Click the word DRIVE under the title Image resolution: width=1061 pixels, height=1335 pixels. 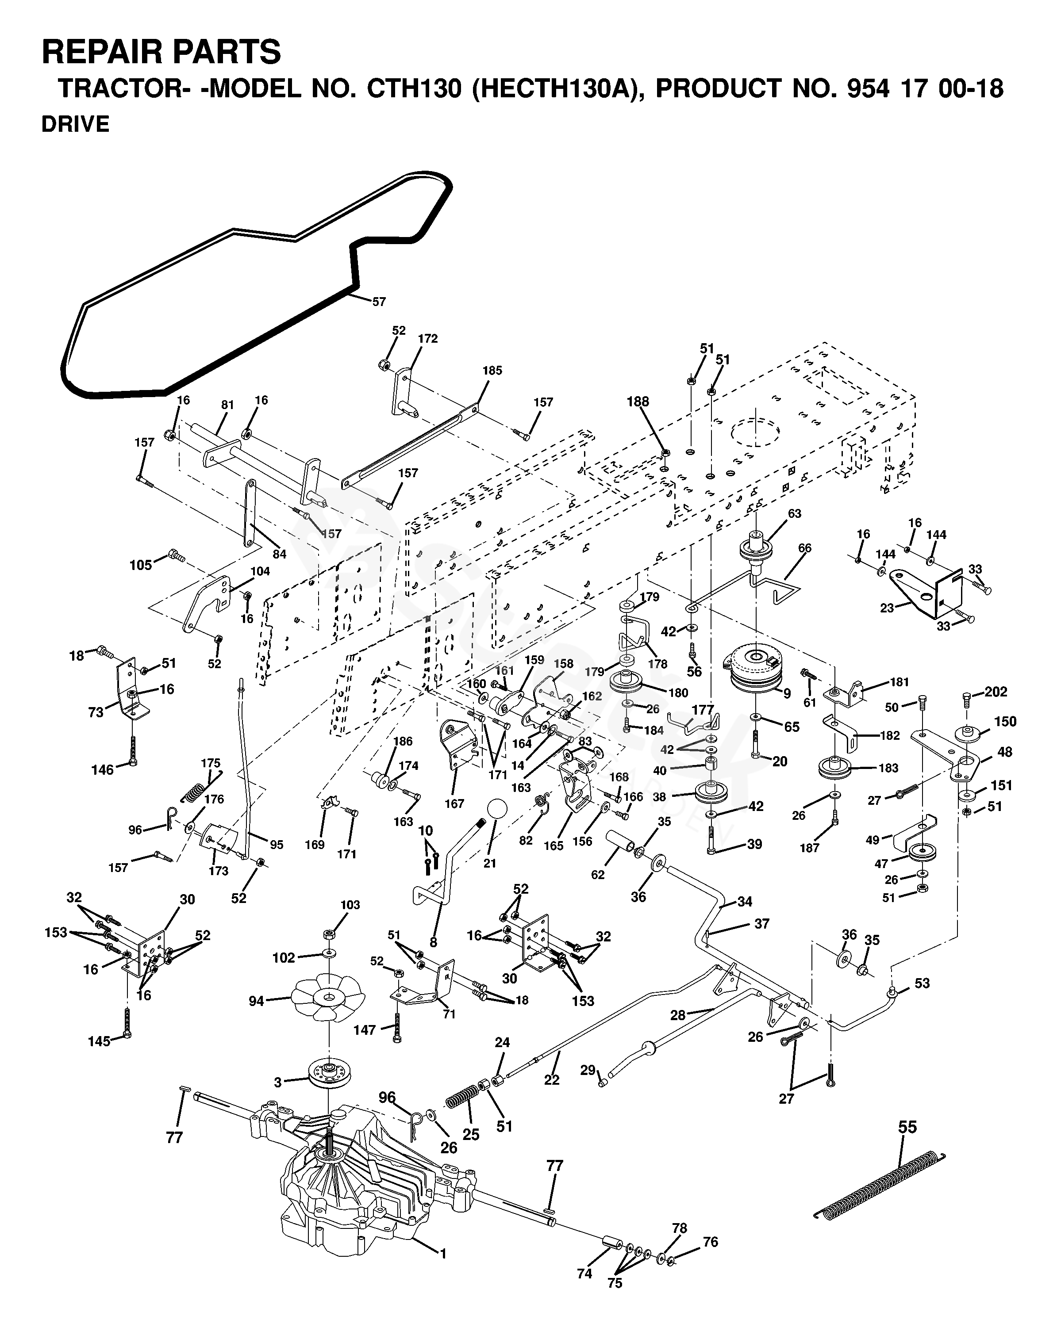(x=75, y=124)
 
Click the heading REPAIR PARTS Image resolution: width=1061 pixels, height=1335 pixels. (x=161, y=51)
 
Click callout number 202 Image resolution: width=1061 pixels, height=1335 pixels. (x=996, y=692)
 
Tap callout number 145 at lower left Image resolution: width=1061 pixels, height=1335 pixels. (x=99, y=1041)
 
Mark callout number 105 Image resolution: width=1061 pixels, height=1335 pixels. (x=141, y=565)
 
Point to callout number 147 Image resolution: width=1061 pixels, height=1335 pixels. (x=365, y=1030)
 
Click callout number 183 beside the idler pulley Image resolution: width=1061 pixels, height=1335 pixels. (x=888, y=768)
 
